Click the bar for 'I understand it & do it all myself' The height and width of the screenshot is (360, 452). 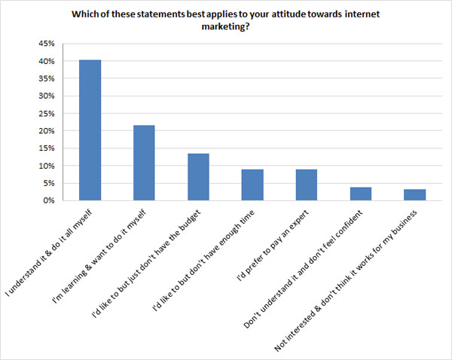90,130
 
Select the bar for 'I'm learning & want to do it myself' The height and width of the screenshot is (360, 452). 144,163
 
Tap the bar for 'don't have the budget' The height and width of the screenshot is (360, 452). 198,177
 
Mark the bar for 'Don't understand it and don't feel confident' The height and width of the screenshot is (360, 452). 361,194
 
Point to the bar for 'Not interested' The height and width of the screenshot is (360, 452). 415,195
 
